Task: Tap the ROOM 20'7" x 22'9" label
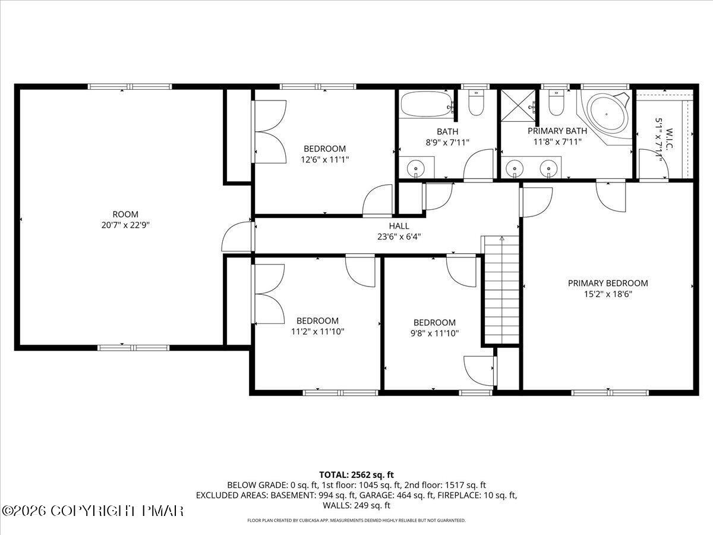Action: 125,219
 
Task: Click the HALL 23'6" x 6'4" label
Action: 399,231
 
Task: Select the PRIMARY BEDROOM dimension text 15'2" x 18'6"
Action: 608,294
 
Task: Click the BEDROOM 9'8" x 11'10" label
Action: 434,328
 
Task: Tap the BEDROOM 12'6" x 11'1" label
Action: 324,154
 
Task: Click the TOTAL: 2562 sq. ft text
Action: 356,474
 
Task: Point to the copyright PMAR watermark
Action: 93,511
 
